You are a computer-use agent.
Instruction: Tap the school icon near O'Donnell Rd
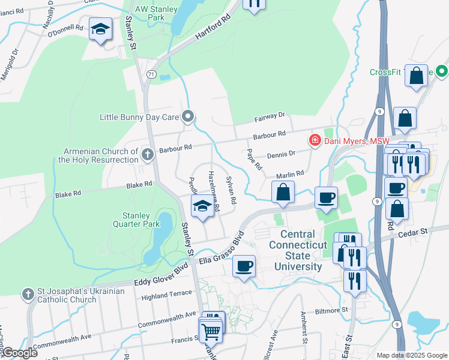coord(101,28)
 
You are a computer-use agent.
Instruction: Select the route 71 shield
coord(151,74)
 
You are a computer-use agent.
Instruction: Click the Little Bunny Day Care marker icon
coord(188,116)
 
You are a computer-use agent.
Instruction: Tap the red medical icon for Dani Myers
coord(314,141)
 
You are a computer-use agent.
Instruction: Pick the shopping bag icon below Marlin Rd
coord(283,193)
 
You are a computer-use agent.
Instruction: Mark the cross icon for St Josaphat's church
coord(27,295)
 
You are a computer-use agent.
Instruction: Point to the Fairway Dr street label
coord(276,114)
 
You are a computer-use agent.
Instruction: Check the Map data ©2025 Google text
coord(411,355)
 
